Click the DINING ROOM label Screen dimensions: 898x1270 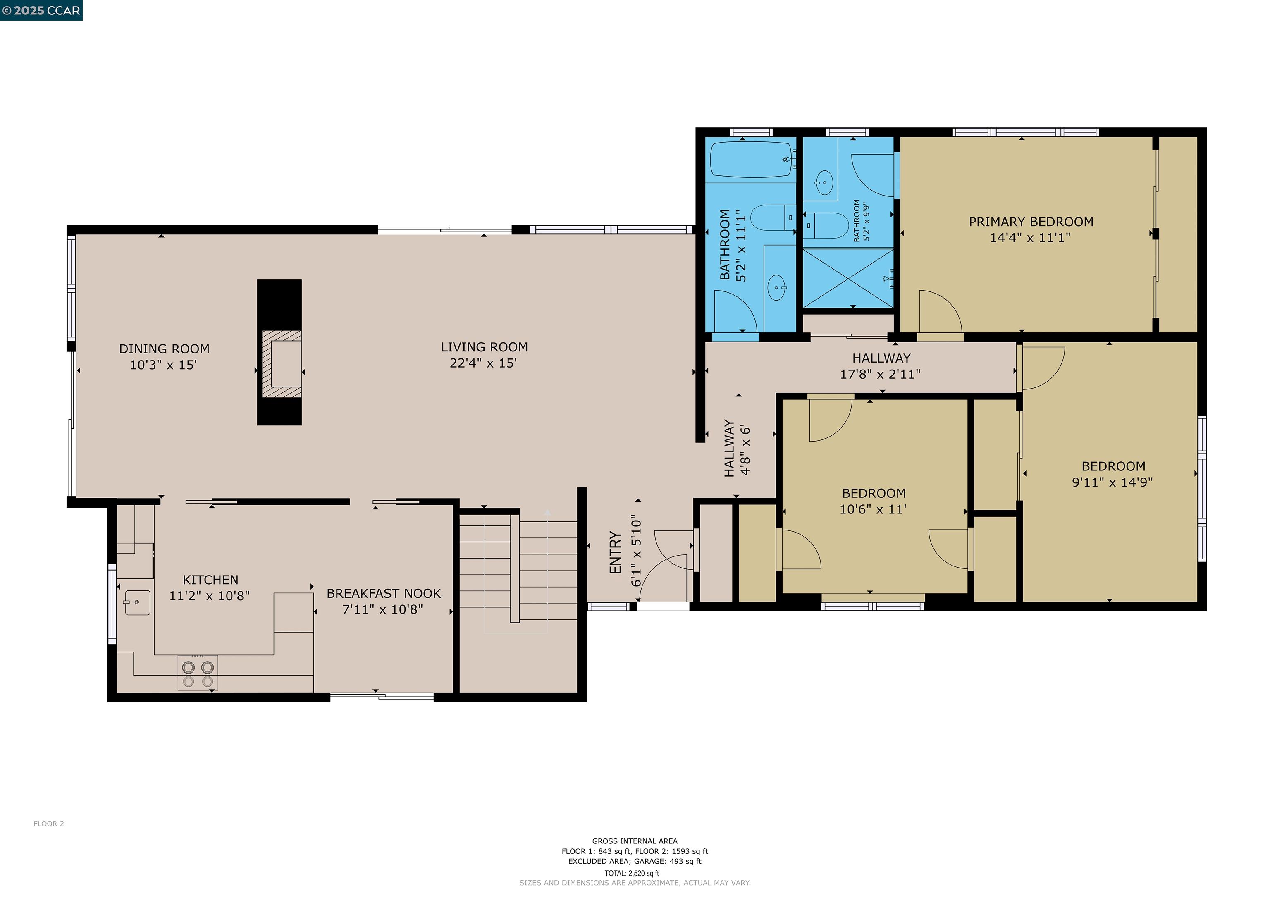point(164,349)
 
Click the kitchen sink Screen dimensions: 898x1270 point(137,602)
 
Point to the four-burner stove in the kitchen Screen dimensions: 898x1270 point(198,674)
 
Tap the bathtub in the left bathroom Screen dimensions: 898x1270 point(751,159)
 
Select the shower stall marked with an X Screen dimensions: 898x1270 point(848,278)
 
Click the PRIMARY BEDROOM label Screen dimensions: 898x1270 point(1031,222)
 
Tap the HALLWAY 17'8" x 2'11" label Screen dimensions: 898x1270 point(881,366)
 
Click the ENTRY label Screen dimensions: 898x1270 point(615,553)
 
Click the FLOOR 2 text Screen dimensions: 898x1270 point(49,824)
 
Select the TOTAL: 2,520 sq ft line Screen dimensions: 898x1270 point(632,873)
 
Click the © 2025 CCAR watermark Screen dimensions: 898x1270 point(41,10)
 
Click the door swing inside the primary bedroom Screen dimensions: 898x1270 point(939,313)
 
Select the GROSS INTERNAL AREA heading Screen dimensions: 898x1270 point(635,841)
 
